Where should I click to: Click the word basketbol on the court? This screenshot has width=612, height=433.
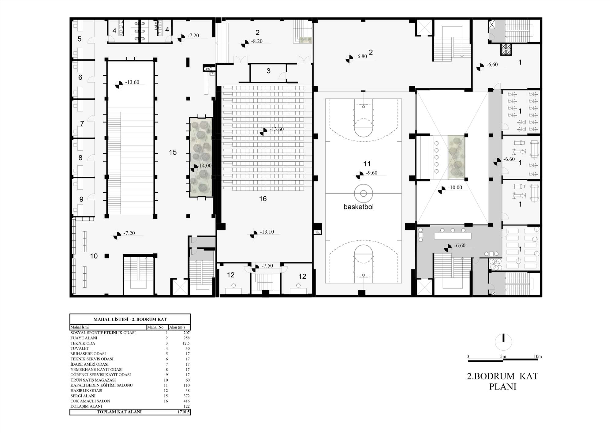pyautogui.click(x=359, y=207)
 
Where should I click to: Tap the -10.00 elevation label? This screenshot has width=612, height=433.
pyautogui.click(x=455, y=188)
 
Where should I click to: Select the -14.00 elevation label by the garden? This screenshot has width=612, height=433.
pyautogui.click(x=205, y=166)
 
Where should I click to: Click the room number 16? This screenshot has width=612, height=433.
pyautogui.click(x=263, y=199)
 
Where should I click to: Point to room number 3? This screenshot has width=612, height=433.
pyautogui.click(x=268, y=71)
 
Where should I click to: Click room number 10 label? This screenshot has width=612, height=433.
pyautogui.click(x=94, y=256)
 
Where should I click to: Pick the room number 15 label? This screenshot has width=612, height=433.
pyautogui.click(x=173, y=152)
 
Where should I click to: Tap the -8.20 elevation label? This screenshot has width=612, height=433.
pyautogui.click(x=257, y=41)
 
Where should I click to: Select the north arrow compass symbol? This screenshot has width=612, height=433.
pyautogui.click(x=503, y=342)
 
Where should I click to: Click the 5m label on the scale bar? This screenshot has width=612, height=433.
pyautogui.click(x=503, y=356)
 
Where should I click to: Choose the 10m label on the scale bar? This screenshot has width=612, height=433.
pyautogui.click(x=538, y=356)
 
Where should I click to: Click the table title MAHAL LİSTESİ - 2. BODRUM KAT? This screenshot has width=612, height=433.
pyautogui.click(x=130, y=319)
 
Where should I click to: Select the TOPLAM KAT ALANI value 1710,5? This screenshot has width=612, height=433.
pyautogui.click(x=184, y=412)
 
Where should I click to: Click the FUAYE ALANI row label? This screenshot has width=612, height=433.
pyautogui.click(x=84, y=338)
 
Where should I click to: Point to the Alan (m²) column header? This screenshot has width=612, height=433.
pyautogui.click(x=177, y=327)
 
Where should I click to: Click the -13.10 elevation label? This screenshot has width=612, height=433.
pyautogui.click(x=267, y=232)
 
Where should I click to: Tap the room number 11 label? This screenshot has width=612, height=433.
pyautogui.click(x=367, y=164)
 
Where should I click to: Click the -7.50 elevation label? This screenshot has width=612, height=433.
pyautogui.click(x=267, y=266)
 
